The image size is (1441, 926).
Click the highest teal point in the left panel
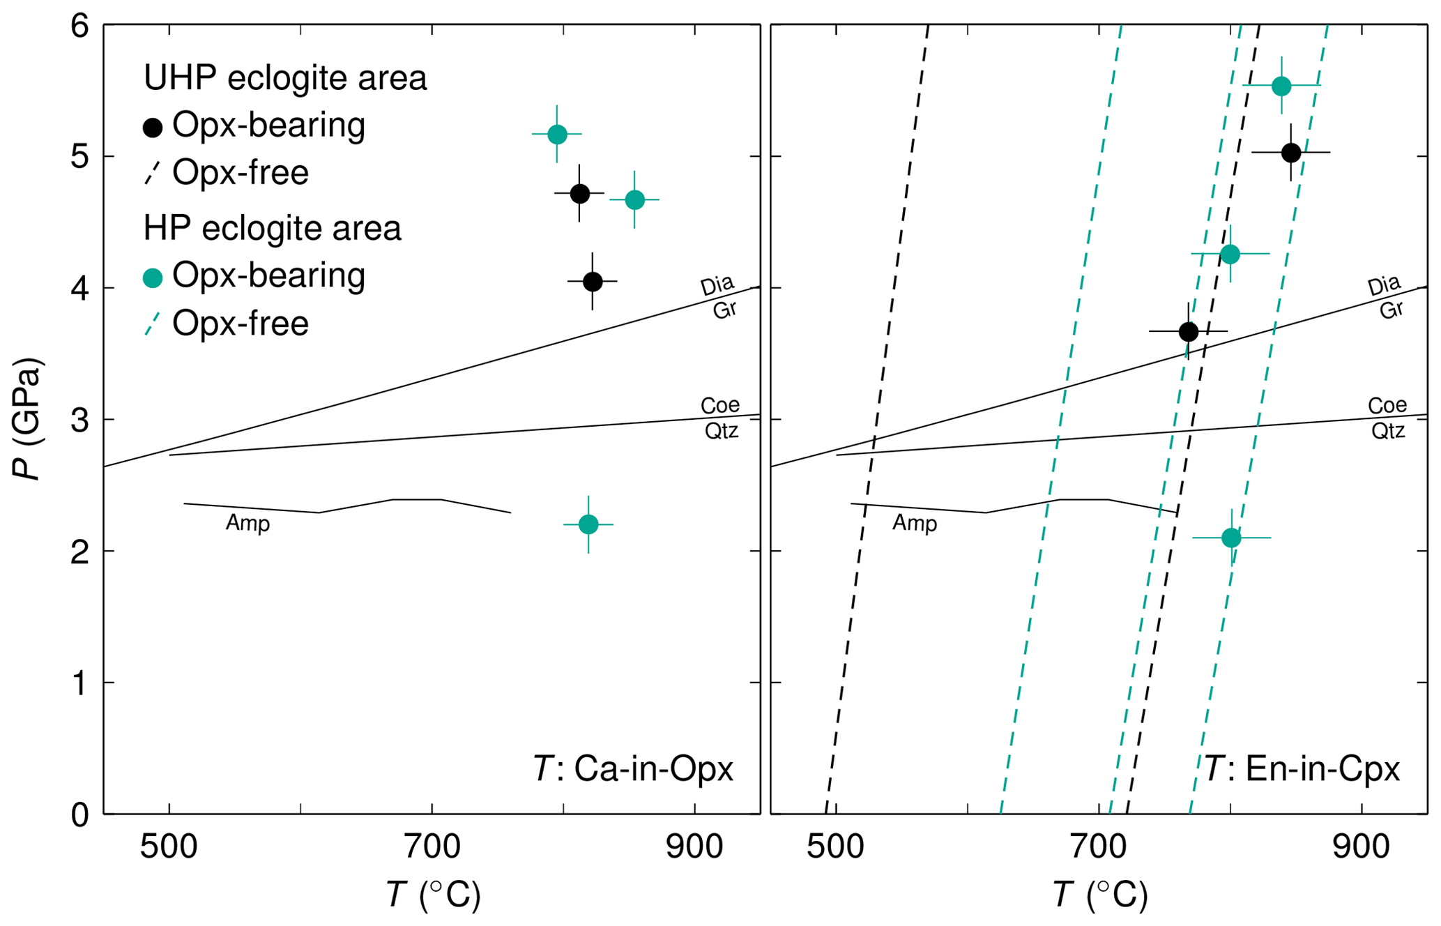pos(557,134)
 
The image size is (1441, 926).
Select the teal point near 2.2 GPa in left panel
pos(588,524)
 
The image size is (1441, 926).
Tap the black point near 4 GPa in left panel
pos(593,282)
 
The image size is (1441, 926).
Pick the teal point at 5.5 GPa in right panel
pos(1281,86)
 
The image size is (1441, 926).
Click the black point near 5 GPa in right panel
pos(1291,153)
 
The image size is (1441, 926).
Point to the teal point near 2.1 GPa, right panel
pos(1232,538)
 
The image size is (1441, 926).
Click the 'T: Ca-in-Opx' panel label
pos(633,769)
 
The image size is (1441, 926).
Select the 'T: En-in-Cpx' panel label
pos(1302,769)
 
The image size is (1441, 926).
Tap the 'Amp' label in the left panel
pos(247,523)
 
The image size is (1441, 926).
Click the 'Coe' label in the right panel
pos(1387,405)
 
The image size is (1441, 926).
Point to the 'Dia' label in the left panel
pos(717,285)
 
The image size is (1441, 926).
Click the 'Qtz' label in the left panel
pos(721,431)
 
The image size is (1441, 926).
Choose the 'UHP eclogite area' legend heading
pos(285,77)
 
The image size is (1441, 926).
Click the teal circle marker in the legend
pos(153,278)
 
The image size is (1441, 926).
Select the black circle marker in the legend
pos(153,128)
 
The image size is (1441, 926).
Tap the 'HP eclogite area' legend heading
pos(273,228)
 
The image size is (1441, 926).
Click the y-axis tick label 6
pos(80,26)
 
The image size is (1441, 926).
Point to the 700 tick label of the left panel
pos(432,847)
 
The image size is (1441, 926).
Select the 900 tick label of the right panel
pos(1361,847)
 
